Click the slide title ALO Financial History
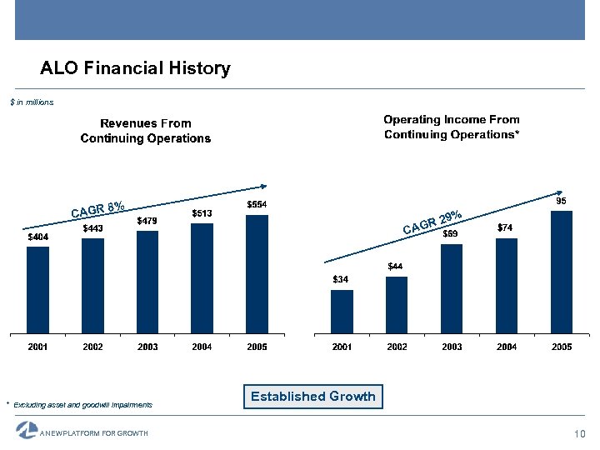[135, 68]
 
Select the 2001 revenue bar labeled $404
[38, 288]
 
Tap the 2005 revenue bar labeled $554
[257, 273]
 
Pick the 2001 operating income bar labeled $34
[342, 310]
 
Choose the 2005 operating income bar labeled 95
[562, 271]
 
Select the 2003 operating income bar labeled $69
[452, 287]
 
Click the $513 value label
[202, 213]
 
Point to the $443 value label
[92, 228]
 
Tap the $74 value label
[506, 227]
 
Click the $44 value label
[396, 266]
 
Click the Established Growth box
[312, 397]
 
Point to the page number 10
[580, 433]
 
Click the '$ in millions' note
[32, 102]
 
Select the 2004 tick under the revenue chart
[202, 347]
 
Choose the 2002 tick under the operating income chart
[397, 347]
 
